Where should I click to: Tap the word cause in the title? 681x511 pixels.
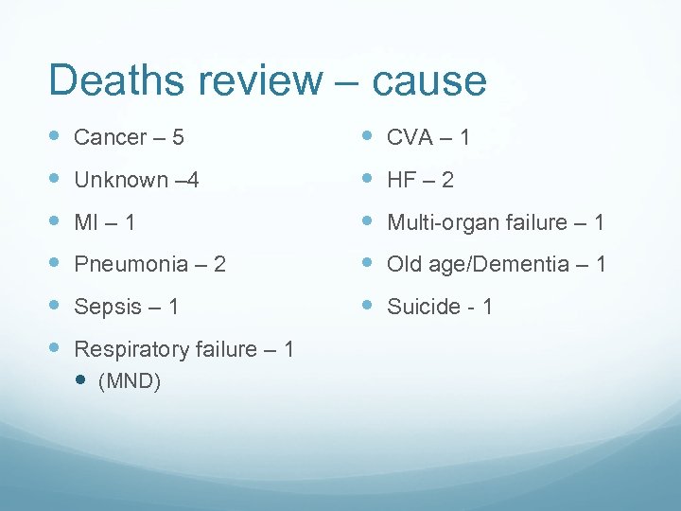click(429, 81)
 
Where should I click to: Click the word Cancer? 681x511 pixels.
click(109, 137)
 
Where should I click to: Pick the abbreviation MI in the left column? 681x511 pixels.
click(86, 222)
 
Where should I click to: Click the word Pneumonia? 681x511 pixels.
click(131, 264)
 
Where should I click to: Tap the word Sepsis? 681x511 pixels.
click(106, 307)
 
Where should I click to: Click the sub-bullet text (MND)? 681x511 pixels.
click(129, 381)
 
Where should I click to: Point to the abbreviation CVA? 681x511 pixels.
click(410, 137)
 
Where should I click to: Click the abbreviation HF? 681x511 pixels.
click(401, 180)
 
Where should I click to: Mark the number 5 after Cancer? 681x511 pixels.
click(178, 137)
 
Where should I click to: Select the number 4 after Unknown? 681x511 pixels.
click(193, 180)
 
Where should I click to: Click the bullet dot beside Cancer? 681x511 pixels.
click(54, 136)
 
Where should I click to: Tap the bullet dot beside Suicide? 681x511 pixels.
click(367, 306)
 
